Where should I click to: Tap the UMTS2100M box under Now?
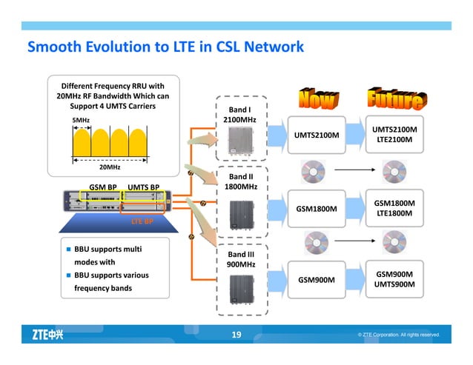(317, 135)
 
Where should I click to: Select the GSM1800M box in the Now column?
(317, 208)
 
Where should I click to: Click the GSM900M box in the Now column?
(317, 280)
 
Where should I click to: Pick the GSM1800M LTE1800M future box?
(394, 208)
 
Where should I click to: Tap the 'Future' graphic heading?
(395, 100)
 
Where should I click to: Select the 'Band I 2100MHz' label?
(239, 115)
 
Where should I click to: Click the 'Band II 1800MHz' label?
(239, 182)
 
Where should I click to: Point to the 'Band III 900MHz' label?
(239, 259)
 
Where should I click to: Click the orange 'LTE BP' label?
(142, 221)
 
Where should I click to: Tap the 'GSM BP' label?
(103, 187)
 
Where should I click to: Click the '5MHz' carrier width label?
(81, 119)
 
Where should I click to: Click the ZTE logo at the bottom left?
(47, 335)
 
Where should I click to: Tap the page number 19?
(236, 335)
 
